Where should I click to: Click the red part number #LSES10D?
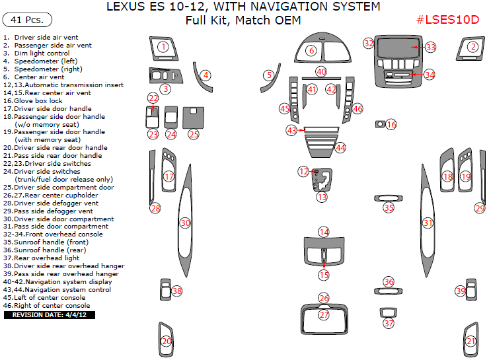[x=447, y=20]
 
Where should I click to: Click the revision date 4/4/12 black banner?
[x=50, y=315]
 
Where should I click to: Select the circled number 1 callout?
[x=163, y=47]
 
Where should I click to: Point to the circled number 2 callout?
[x=472, y=47]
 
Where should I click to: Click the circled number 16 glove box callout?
[x=391, y=124]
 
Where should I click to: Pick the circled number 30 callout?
[x=186, y=224]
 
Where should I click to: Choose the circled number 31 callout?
[x=428, y=223]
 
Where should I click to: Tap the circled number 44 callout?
[x=340, y=147]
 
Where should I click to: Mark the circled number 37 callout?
[x=389, y=324]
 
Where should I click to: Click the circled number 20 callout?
[x=167, y=342]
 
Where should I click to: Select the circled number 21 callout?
[x=470, y=342]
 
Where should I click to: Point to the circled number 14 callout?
[x=324, y=232]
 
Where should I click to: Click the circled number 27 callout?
[x=324, y=315]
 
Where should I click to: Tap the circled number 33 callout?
[x=430, y=48]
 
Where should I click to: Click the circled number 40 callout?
[x=321, y=71]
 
